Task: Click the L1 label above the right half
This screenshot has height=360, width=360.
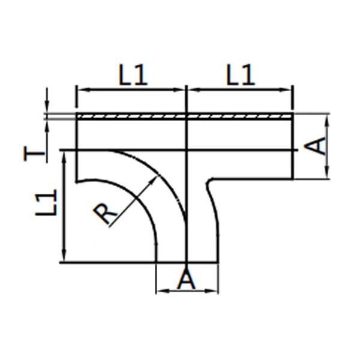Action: (x=241, y=76)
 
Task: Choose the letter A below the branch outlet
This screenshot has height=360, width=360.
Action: (x=187, y=280)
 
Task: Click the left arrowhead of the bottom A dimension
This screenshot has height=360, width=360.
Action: (x=160, y=292)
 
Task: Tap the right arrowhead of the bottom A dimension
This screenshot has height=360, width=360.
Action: (x=214, y=292)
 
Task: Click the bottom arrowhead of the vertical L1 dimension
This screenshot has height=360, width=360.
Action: (x=63, y=259)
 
